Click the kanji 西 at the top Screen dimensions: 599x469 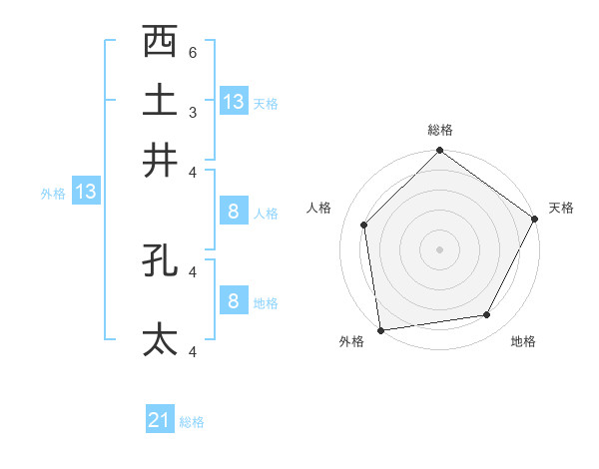(x=160, y=43)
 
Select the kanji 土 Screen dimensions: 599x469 (x=160, y=101)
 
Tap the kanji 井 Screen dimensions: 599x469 (x=160, y=160)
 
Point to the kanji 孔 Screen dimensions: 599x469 (x=160, y=259)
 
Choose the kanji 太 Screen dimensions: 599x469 (x=160, y=339)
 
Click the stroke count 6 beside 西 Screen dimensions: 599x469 (x=193, y=53)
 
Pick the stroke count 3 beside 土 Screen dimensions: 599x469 (x=193, y=112)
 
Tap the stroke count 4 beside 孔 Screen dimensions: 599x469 (x=193, y=270)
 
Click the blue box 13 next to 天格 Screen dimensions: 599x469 (x=234, y=101)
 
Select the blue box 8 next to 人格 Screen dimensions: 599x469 (x=233, y=212)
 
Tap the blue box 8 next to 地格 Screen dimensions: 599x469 (x=233, y=300)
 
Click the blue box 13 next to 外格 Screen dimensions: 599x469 (x=86, y=192)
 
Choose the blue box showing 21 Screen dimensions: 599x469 (x=160, y=420)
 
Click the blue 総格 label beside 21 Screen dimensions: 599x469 (x=192, y=422)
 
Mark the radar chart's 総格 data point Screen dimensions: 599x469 (x=439, y=152)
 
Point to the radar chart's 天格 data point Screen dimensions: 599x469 (x=535, y=220)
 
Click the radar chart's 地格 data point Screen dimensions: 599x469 (x=487, y=315)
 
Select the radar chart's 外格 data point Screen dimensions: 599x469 (x=380, y=329)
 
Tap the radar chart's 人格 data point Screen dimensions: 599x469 (x=364, y=225)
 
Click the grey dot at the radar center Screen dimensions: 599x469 (x=439, y=248)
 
